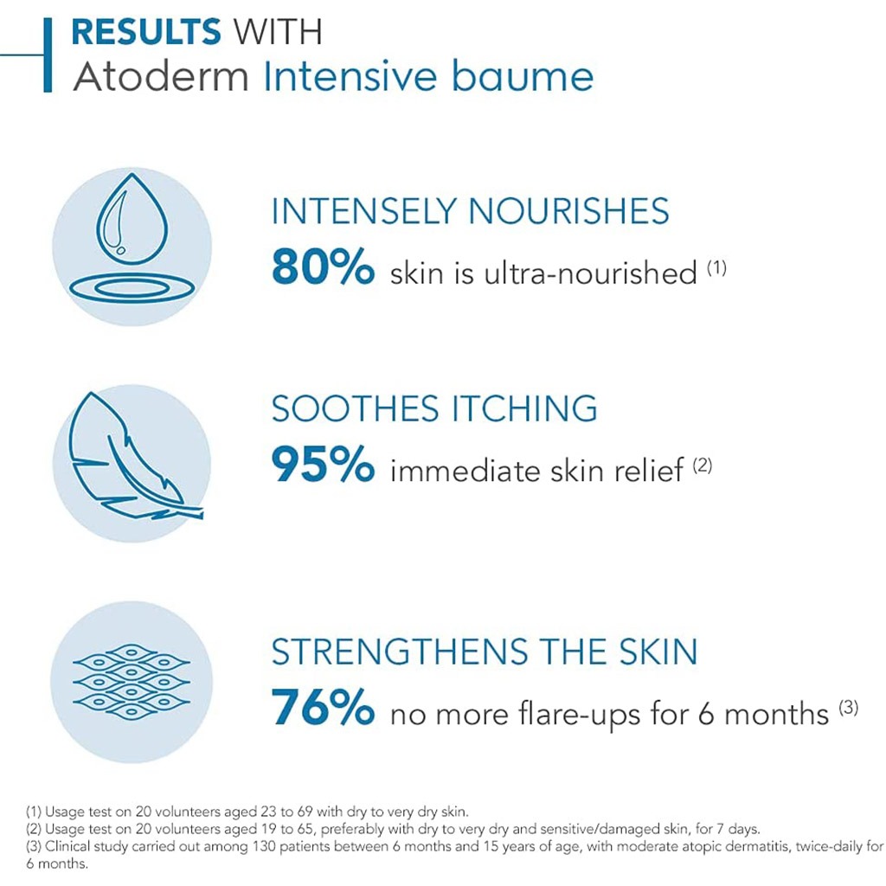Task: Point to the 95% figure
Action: tap(323, 467)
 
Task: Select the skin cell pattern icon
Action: tap(132, 682)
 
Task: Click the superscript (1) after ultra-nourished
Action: tap(716, 268)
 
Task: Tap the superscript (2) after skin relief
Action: tap(702, 465)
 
